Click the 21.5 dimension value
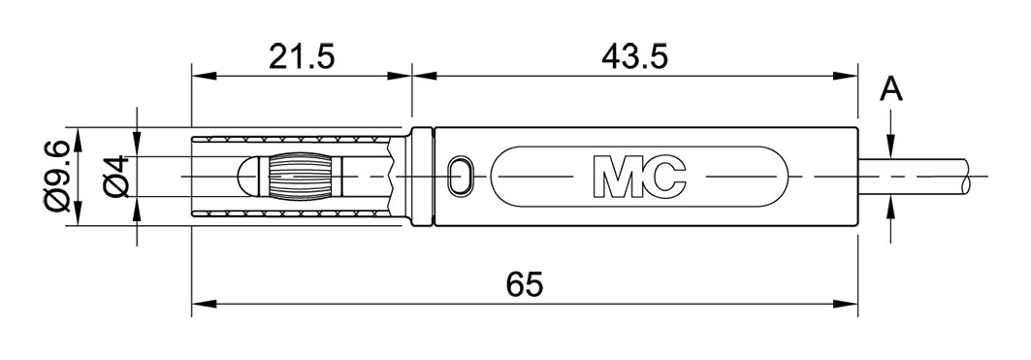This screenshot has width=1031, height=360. tap(302, 57)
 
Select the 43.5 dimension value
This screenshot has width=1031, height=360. tap(634, 57)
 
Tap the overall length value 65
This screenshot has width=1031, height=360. tap(525, 286)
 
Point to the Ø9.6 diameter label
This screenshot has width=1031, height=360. tap(55, 177)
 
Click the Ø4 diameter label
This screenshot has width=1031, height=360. tap(115, 177)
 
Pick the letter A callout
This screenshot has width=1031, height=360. tap(891, 90)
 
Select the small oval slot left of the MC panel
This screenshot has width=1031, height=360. tap(462, 177)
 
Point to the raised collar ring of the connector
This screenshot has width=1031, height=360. tap(422, 177)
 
